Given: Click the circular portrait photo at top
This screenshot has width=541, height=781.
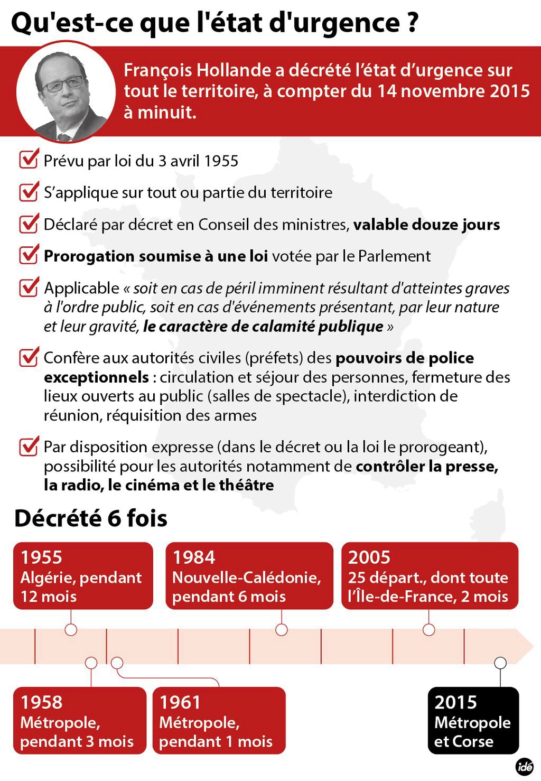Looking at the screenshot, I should point(66,92).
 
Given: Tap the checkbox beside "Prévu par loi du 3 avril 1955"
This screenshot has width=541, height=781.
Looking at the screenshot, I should point(29,159).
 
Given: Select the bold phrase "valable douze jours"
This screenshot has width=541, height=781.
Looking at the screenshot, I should point(426,225).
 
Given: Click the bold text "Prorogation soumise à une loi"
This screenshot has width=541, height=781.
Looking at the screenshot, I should point(156,256).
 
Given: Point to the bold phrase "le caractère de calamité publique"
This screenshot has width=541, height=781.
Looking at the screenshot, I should point(263,327).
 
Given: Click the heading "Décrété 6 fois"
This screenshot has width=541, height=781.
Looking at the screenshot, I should point(91,519).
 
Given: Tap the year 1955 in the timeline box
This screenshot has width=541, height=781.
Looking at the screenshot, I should point(41,557).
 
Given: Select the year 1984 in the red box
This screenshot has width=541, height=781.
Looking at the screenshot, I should point(194,557).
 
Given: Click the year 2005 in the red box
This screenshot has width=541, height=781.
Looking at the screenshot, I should point(369,557).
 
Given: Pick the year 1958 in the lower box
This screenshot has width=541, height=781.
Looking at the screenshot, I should point(41,702).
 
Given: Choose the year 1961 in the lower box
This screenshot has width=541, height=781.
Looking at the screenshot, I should point(180,702).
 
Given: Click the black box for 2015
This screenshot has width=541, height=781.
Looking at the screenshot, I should point(473,720).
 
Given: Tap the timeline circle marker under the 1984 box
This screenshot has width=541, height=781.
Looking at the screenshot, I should point(282,629).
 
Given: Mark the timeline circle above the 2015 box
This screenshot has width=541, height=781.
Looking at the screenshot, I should point(500,663).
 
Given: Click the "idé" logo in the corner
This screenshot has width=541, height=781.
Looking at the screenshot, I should point(525,767).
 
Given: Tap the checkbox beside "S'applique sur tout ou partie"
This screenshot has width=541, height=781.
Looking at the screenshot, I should point(29,191).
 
